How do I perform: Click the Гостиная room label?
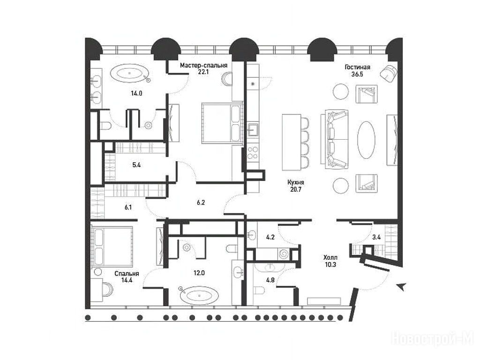pos(357,67)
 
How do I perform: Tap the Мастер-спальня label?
pos(203,65)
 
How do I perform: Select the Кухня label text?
pos(296,182)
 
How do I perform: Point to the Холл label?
pos(330,258)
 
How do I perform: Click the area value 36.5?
pos(357,74)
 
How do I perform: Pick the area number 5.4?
pos(136,165)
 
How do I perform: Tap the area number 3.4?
pos(376,237)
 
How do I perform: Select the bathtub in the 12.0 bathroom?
pos(199,295)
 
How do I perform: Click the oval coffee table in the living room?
pos(366,140)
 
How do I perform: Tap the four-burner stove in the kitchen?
pos(253,153)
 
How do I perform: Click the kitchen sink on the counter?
pos(253,129)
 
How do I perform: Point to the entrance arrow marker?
pos(401,286)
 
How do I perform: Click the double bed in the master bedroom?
pos(222,123)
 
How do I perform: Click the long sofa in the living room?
pos(334,139)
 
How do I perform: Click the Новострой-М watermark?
pos(433,339)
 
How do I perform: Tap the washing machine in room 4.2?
pos(283,254)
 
